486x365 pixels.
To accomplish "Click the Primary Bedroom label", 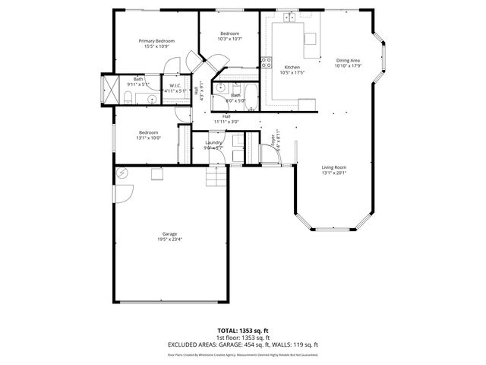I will click(x=156, y=40).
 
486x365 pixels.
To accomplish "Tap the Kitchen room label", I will click(x=292, y=67).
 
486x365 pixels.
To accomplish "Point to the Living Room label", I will click(x=334, y=167).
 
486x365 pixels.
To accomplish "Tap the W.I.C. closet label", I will click(x=174, y=85).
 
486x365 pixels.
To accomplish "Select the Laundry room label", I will click(x=213, y=142).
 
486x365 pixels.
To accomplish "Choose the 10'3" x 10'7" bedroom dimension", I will click(x=229, y=40).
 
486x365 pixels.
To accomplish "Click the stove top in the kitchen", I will click(x=266, y=63).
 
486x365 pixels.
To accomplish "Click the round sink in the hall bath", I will click(x=220, y=87).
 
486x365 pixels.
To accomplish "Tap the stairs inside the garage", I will click(x=216, y=178).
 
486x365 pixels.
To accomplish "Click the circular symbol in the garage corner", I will click(x=121, y=174).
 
